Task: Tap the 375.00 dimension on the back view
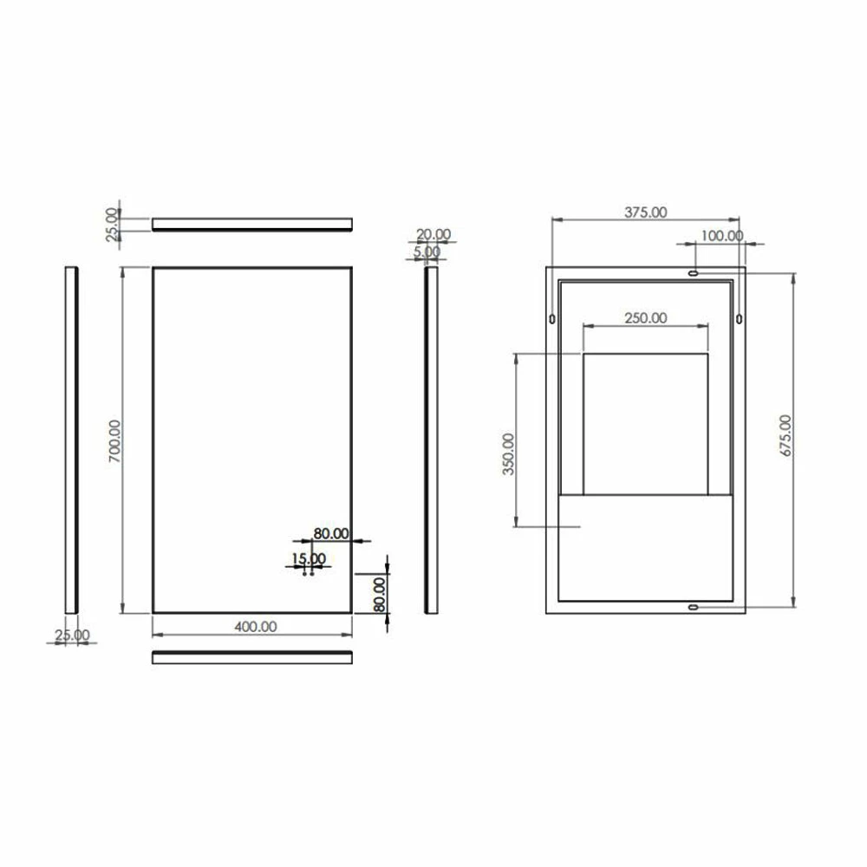(x=645, y=212)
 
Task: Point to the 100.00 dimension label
(x=721, y=235)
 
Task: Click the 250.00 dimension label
(x=645, y=318)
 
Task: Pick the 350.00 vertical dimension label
(x=508, y=453)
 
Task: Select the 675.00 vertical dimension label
(x=786, y=440)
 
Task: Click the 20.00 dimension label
(x=433, y=234)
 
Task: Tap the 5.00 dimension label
(x=427, y=251)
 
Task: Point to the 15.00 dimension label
(x=308, y=558)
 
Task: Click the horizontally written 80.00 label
(x=330, y=534)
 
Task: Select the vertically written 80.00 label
(x=379, y=593)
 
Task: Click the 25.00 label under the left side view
(x=71, y=636)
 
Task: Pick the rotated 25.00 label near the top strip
(x=111, y=225)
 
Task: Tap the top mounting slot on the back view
(x=692, y=273)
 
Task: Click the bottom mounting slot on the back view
(x=692, y=607)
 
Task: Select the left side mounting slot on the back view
(x=552, y=319)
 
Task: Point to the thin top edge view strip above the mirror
(x=251, y=225)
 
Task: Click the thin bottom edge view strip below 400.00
(x=251, y=657)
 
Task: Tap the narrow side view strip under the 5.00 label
(x=431, y=440)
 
